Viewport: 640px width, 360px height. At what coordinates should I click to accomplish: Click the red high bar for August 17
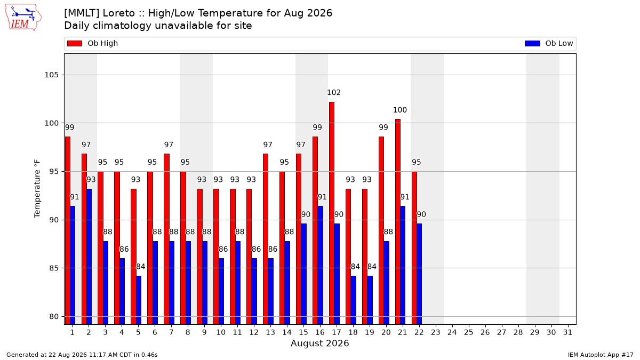(x=331, y=213)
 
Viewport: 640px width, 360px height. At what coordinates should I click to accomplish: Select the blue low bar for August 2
(x=89, y=257)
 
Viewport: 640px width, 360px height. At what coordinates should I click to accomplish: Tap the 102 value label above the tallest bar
(x=334, y=93)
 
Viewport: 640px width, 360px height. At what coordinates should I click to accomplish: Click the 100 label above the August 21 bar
(x=399, y=110)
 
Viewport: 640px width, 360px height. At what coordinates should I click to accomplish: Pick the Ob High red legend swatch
(x=75, y=43)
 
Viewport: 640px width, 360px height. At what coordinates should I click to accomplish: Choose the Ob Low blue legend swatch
(x=532, y=43)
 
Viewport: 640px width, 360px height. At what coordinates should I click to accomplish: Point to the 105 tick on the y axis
(x=51, y=75)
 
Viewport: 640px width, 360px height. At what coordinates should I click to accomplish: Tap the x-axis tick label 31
(x=567, y=333)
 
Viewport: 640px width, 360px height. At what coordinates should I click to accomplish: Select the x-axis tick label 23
(x=435, y=333)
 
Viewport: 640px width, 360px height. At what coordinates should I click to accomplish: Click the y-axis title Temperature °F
(x=37, y=189)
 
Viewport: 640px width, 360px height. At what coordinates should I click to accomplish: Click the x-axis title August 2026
(x=319, y=343)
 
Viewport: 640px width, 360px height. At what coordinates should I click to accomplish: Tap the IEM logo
(x=23, y=18)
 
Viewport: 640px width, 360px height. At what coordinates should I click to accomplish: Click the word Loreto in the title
(x=118, y=13)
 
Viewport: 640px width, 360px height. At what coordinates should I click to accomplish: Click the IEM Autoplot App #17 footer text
(x=601, y=355)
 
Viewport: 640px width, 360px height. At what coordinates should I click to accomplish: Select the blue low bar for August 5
(x=139, y=300)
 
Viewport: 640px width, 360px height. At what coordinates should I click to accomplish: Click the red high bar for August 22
(x=414, y=248)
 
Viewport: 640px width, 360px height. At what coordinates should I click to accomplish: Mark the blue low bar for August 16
(x=321, y=265)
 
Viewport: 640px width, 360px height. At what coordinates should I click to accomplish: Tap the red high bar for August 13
(x=266, y=239)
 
